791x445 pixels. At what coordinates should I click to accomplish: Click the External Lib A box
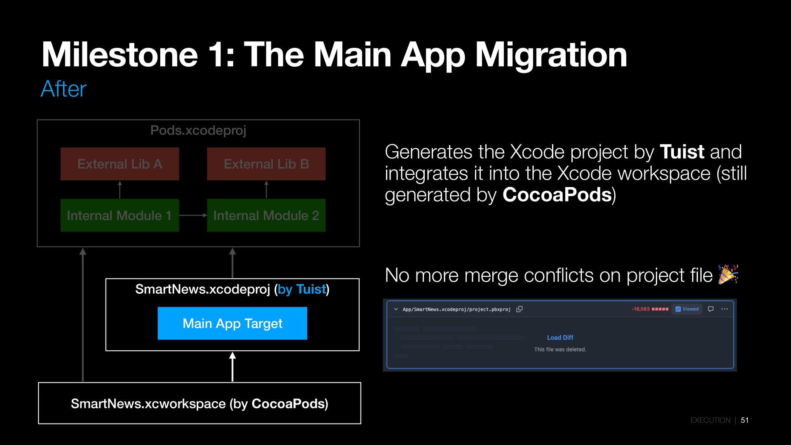(119, 164)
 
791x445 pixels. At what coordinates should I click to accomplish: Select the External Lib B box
(266, 164)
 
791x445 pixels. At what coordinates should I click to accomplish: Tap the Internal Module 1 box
(119, 215)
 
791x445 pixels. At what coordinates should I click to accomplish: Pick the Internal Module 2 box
(266, 215)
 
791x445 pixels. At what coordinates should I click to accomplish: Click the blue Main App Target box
(232, 323)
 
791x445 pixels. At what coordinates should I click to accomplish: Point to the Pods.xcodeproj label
(198, 131)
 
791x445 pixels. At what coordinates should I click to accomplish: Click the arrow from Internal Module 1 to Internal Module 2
(193, 215)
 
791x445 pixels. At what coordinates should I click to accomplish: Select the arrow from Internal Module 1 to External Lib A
(120, 190)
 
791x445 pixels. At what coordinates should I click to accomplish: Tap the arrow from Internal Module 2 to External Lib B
(266, 190)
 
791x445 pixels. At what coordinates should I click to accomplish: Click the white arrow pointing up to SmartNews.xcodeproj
(232, 367)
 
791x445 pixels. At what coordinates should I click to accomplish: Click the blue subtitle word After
(63, 89)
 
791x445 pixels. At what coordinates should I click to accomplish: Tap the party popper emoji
(728, 274)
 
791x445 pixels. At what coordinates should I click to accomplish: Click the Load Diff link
(560, 337)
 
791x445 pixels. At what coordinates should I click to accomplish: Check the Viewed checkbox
(678, 309)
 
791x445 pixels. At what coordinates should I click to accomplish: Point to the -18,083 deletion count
(641, 309)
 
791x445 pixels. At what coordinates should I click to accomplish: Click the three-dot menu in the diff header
(724, 309)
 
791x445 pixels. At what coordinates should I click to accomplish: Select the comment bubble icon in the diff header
(711, 309)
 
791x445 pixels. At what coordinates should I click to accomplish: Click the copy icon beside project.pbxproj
(520, 309)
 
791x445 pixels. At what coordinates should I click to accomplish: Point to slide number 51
(744, 420)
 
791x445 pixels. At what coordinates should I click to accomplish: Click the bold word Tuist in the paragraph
(682, 152)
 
